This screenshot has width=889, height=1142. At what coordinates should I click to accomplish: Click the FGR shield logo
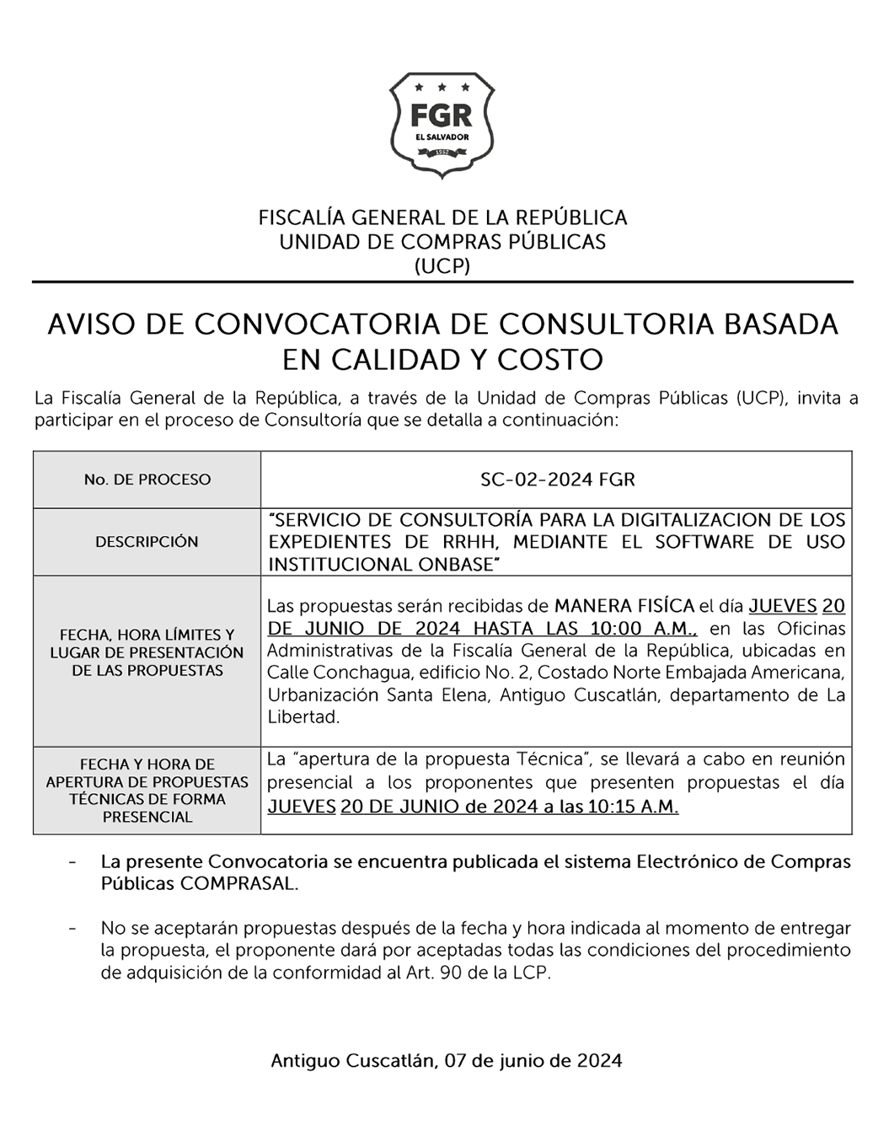pos(442,125)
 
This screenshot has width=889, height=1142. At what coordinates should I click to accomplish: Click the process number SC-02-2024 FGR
pos(557,480)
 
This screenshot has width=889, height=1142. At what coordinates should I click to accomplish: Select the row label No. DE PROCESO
pos(147,480)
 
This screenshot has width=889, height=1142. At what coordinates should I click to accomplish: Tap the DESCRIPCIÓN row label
pos(147,542)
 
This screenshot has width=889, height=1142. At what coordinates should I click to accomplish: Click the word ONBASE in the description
pos(453,565)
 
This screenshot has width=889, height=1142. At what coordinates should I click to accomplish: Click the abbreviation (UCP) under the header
pos(442,266)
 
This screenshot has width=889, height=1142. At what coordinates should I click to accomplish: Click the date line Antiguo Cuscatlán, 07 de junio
pos(446,1060)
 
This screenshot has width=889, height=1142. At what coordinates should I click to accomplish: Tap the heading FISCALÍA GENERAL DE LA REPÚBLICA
pos(442,217)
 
